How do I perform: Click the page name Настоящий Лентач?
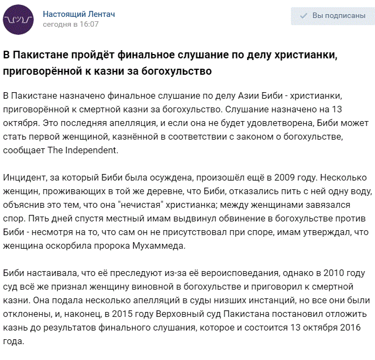tap(79, 14)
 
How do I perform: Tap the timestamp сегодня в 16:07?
tap(70, 24)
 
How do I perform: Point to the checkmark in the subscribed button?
tap(303, 16)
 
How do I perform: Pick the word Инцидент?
tap(24, 178)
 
